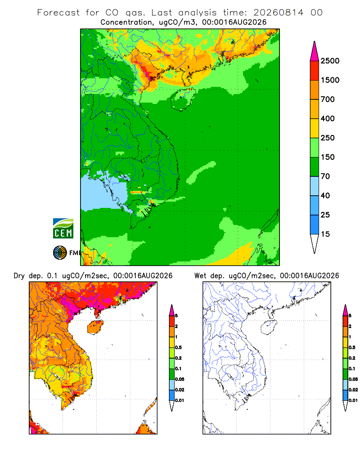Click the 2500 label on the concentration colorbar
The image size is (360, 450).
tap(330, 61)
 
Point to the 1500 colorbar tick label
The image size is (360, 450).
tap(330, 80)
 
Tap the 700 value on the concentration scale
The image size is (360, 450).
tap(328, 99)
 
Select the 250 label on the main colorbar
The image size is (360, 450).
tap(328, 138)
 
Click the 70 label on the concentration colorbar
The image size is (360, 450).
tap(325, 176)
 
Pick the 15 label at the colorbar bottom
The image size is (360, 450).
tap(325, 234)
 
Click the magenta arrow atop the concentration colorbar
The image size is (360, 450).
tap(315, 51)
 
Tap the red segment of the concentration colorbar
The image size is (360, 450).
tap(315, 71)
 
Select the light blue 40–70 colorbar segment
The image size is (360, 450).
tap(315, 186)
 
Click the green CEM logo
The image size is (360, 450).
tap(63, 229)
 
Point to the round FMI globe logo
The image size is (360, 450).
tap(60, 253)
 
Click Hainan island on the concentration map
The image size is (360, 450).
tap(183, 99)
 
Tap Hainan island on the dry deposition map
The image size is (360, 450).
tap(95, 327)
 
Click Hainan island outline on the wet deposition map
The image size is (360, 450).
tap(269, 327)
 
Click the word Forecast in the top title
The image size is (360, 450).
tap(58, 13)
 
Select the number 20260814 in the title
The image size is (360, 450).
tap(278, 13)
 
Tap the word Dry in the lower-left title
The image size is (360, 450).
tap(19, 276)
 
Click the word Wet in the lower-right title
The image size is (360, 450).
tap(200, 276)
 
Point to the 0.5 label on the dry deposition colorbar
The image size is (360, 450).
tap(178, 347)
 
